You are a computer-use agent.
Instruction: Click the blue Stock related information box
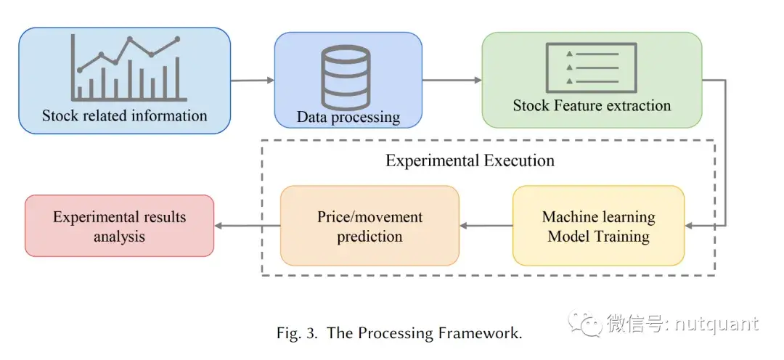[124, 80]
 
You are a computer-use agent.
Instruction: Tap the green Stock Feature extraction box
[592, 80]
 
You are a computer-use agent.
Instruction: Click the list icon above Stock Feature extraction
[591, 66]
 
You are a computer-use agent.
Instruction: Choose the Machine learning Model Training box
[598, 226]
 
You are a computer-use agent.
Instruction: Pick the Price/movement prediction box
[369, 226]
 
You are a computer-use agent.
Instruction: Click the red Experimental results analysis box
[119, 226]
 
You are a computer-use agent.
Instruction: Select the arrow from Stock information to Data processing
[252, 80]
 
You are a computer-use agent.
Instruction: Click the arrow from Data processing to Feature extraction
[452, 80]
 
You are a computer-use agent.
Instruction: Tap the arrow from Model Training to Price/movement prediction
[486, 226]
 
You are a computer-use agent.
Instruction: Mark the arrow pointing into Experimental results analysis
[247, 226]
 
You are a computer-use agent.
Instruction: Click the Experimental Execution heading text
[470, 160]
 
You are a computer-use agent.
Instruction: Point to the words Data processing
[348, 117]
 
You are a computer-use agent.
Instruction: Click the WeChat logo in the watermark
[585, 324]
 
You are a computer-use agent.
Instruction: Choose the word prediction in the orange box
[369, 237]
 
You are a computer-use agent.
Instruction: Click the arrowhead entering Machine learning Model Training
[690, 226]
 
